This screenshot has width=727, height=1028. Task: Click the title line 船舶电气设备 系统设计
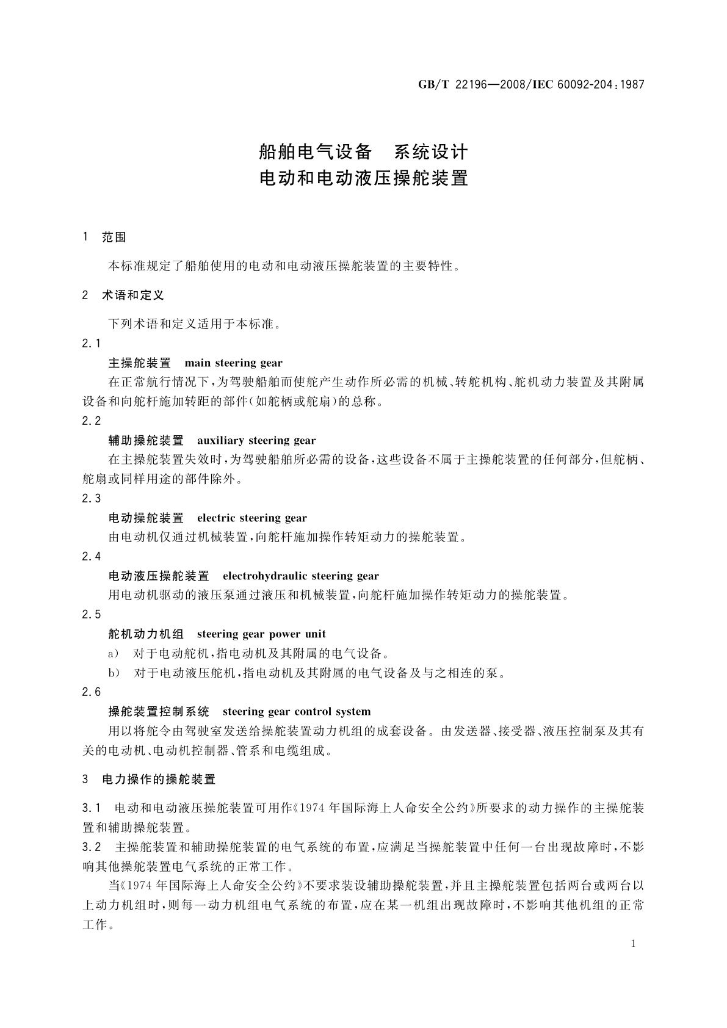tap(363, 151)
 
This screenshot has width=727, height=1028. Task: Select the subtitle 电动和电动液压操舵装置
tap(363, 178)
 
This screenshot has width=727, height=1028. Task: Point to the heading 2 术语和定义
tap(123, 295)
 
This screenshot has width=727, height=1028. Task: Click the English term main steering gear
tap(233, 363)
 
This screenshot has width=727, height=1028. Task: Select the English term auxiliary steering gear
tap(256, 440)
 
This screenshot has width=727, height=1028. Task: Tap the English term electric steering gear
tap(251, 518)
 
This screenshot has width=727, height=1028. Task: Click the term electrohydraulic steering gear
tap(300, 576)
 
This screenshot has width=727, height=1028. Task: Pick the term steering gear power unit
tap(261, 634)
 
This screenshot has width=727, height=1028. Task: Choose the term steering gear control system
tap(296, 711)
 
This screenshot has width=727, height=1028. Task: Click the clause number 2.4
tap(92, 556)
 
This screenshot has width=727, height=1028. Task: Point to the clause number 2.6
tap(92, 692)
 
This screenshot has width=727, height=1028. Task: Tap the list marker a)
tap(114, 654)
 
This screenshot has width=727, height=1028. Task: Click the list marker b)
tap(114, 673)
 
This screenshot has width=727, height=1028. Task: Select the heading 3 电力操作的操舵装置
tap(149, 780)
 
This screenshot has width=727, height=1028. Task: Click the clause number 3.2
tap(92, 847)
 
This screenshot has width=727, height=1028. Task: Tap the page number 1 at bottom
tap(633, 944)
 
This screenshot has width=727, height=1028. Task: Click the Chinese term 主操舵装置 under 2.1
tap(139, 363)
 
